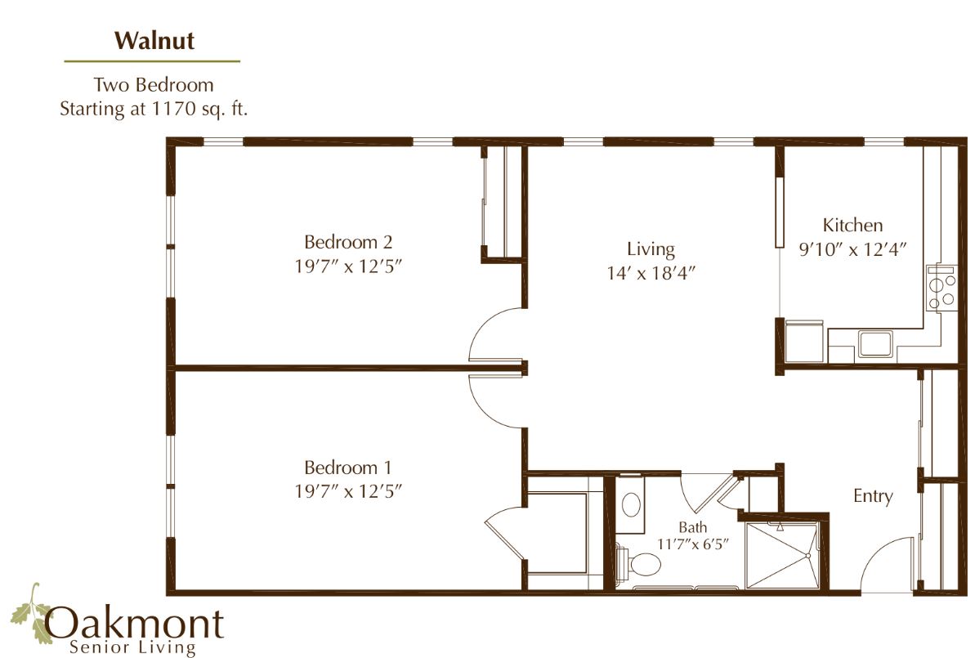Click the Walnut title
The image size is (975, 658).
[154, 40]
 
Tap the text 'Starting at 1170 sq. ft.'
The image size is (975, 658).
[154, 109]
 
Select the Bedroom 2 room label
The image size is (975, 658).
[348, 241]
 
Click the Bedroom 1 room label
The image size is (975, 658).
[348, 467]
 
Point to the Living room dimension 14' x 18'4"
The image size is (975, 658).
[651, 273]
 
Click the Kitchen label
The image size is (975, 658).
[852, 225]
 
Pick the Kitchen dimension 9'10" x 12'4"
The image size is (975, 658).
[852, 249]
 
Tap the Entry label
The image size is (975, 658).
[873, 495]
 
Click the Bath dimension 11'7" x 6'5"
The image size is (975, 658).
[693, 544]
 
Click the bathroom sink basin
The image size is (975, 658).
[632, 504]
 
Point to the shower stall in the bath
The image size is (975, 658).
[784, 555]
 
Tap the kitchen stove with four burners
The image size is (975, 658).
[941, 289]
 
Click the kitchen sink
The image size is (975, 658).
[875, 344]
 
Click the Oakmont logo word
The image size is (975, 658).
[134, 623]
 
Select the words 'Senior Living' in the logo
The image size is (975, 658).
[132, 647]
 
